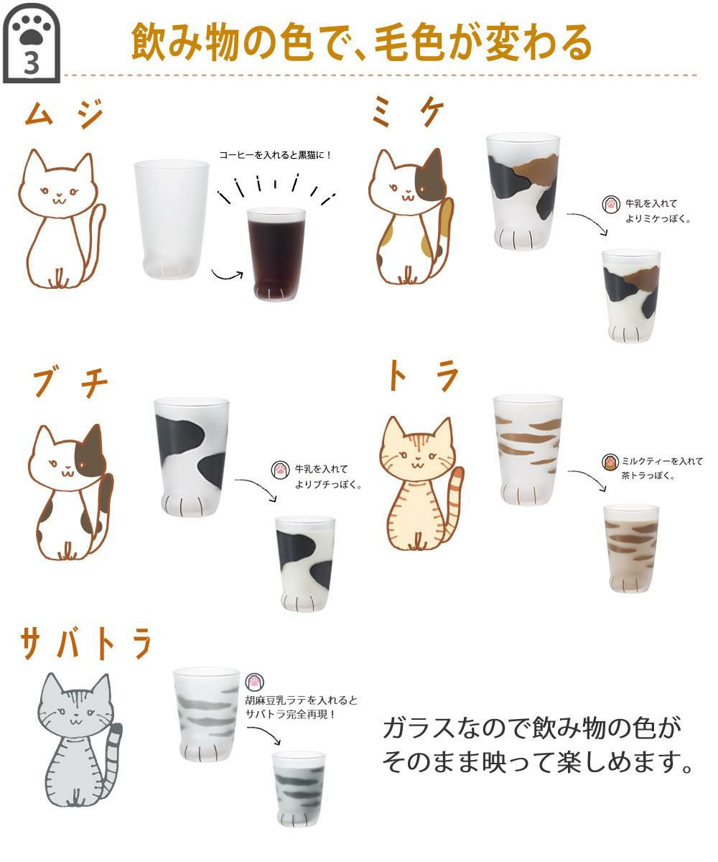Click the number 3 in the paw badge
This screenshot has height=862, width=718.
pos(32,63)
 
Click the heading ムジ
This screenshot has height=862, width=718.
pos(64,115)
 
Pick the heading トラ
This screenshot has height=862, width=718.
pos(422,377)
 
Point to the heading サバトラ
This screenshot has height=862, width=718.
pos(86,643)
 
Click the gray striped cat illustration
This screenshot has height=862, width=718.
pos(78,740)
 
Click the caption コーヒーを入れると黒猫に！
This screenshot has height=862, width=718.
pos(276,155)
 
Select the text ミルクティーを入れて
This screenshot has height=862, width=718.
pos(662,461)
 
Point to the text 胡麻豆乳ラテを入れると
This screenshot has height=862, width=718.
pos(301,700)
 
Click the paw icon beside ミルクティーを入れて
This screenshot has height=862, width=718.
pos(610,460)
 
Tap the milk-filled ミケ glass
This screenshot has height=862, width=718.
pos(631,295)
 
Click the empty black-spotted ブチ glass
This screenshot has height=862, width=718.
pos(191,455)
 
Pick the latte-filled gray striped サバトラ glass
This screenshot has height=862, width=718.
pos(299,788)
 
